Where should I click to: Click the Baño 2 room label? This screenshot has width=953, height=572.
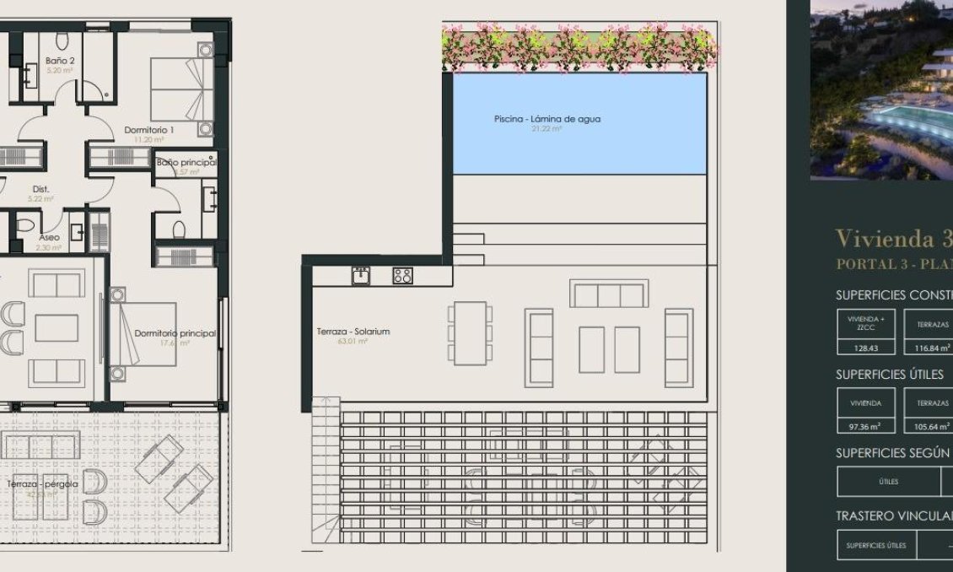[x=61, y=61]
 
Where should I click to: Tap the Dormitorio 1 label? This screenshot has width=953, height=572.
[x=148, y=130]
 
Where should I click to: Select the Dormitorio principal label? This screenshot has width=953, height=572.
[x=175, y=333]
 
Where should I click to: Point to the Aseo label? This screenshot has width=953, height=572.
[x=49, y=238]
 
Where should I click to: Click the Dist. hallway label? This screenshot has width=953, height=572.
[x=40, y=189]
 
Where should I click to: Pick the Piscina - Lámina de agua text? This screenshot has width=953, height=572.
[x=547, y=119]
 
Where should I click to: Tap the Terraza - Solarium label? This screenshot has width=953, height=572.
[x=353, y=332]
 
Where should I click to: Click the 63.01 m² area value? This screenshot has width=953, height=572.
[x=354, y=342]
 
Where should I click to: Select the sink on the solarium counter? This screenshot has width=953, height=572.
[x=361, y=275]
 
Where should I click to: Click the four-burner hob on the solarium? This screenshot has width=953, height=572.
[x=402, y=275]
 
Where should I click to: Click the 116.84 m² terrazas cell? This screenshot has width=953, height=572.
[x=931, y=347]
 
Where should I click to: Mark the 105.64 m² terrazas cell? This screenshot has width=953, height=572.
[x=931, y=426]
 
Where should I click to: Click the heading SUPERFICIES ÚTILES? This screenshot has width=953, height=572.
[x=889, y=374]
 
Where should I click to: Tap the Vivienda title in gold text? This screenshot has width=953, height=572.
[x=893, y=237]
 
